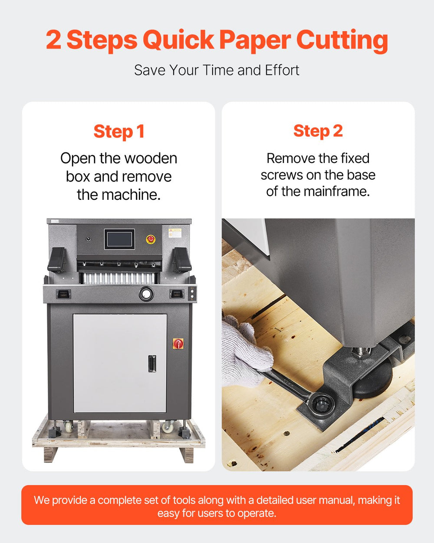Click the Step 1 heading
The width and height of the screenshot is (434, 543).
coord(119,132)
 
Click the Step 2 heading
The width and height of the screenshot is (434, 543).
coord(318,131)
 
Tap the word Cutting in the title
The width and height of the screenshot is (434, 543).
coord(342,40)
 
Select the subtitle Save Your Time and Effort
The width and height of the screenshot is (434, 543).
coord(217,70)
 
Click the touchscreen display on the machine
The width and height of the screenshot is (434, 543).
coord(119,239)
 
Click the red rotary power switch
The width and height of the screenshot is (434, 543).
coord(178,344)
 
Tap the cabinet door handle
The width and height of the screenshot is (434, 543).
coord(152,364)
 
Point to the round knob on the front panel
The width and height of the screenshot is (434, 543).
coord(146,294)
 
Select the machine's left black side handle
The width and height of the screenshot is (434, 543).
coord(56,260)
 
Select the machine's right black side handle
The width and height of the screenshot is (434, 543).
coord(183,259)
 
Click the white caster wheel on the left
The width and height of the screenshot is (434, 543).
coord(69,427)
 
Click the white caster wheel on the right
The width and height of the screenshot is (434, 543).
coord(166,427)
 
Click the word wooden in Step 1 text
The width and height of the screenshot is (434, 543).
coord(151,159)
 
